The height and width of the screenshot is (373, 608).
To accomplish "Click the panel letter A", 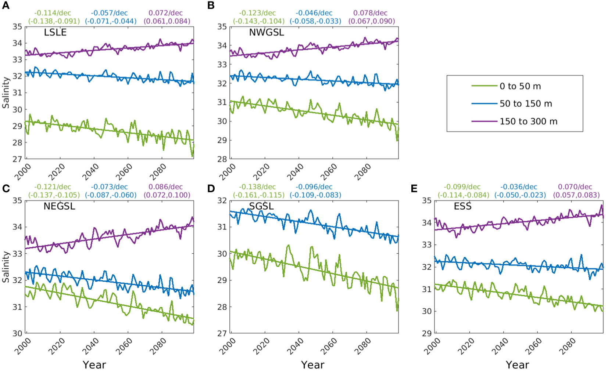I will (6, 6).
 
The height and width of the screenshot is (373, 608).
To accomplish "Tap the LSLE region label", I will (55, 32).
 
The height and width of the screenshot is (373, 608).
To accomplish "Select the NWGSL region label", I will (267, 32).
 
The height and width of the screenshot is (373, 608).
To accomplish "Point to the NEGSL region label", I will (59, 206).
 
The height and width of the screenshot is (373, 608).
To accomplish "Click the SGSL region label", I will (261, 206).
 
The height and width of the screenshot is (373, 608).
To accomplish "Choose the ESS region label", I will (462, 206).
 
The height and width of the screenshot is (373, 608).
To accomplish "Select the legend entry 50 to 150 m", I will (526, 104).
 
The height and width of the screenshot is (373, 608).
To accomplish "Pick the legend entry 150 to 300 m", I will (528, 122).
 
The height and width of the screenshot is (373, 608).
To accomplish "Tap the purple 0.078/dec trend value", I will (370, 13).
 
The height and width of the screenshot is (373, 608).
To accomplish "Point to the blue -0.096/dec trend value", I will (314, 187).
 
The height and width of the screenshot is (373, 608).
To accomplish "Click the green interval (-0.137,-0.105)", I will (54, 195).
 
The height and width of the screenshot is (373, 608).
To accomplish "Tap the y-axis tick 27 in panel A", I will (17, 159).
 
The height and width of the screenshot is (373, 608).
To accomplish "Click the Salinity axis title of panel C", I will (6, 267).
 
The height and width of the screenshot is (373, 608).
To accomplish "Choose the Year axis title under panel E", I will (517, 365).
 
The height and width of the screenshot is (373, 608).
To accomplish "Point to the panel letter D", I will (211, 189).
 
